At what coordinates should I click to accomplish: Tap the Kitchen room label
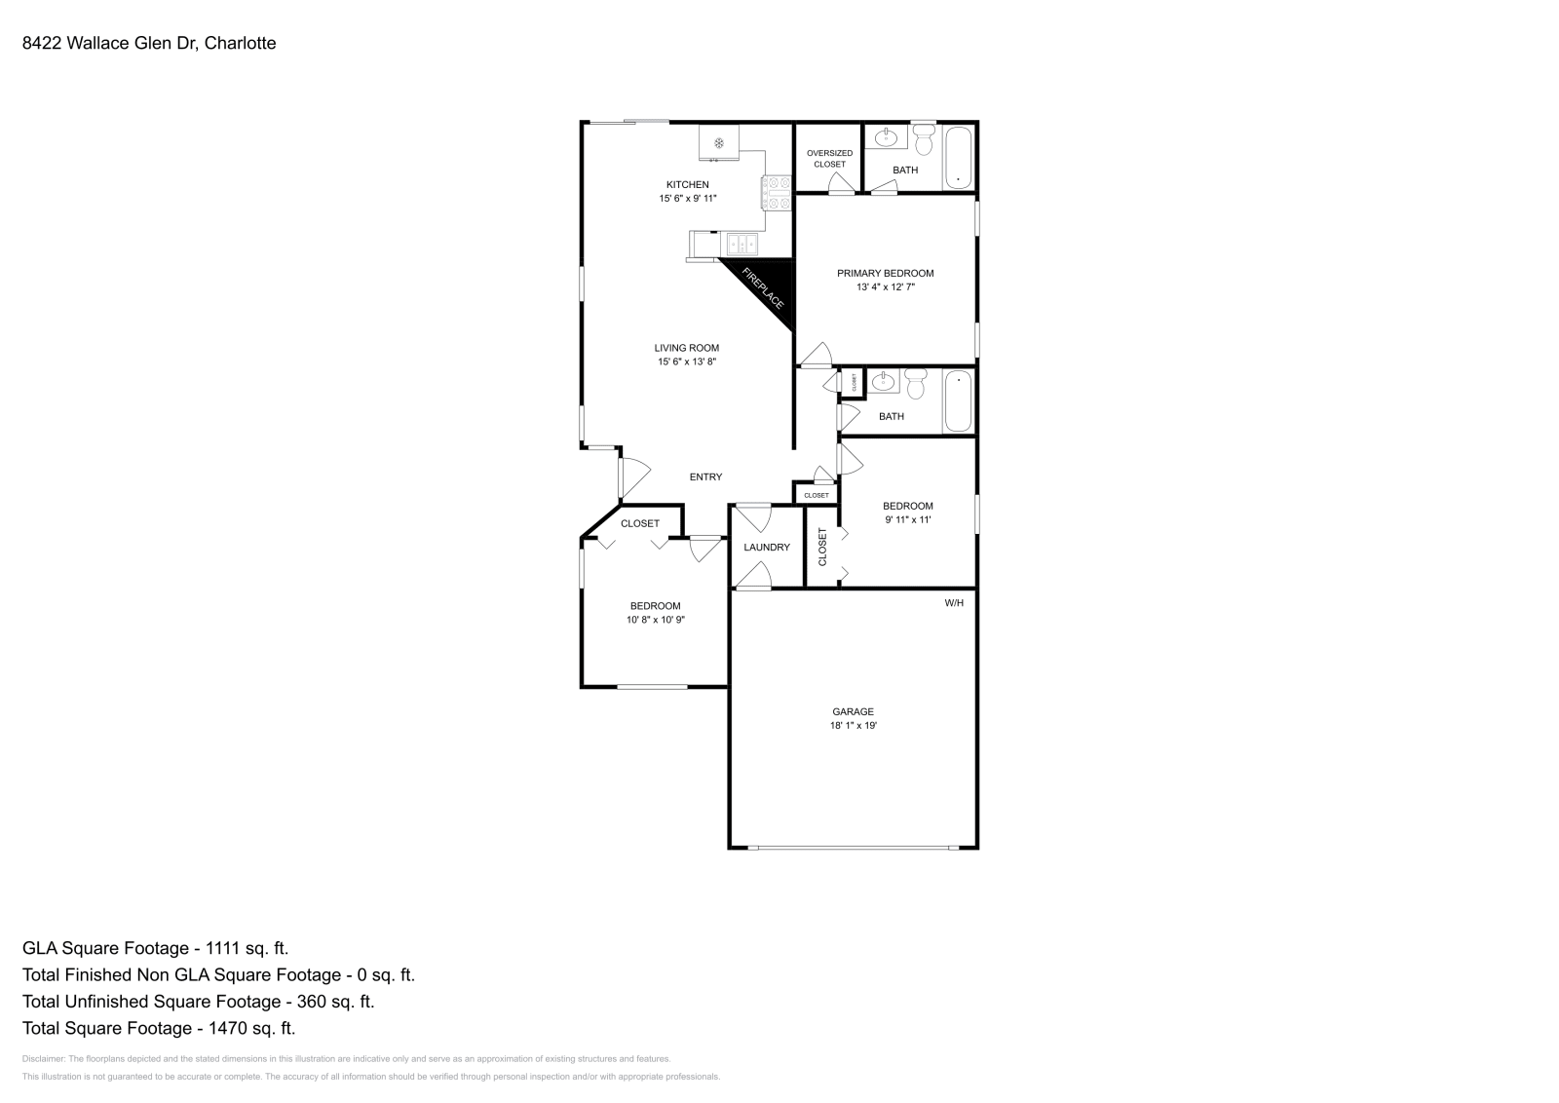pos(687,185)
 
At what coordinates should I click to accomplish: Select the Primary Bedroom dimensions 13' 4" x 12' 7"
pos(885,287)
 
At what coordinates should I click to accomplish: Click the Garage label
pos(853,711)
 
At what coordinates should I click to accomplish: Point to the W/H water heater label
pos(954,603)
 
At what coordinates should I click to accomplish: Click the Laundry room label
pos(767,548)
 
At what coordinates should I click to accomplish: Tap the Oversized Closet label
pos(830,159)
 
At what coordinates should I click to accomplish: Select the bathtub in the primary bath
pos(959,157)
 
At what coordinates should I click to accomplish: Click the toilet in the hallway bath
pos(915,384)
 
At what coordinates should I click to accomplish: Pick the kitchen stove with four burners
pos(777,192)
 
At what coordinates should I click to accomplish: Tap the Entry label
pos(705,477)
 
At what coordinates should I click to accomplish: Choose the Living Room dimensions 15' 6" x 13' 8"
pos(687,362)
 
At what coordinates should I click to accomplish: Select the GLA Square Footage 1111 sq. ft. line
pos(155,948)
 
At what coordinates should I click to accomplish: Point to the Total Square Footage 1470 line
pos(158,1028)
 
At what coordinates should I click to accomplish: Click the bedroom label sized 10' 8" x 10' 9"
pos(655,606)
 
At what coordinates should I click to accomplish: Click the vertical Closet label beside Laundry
pos(822,548)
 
